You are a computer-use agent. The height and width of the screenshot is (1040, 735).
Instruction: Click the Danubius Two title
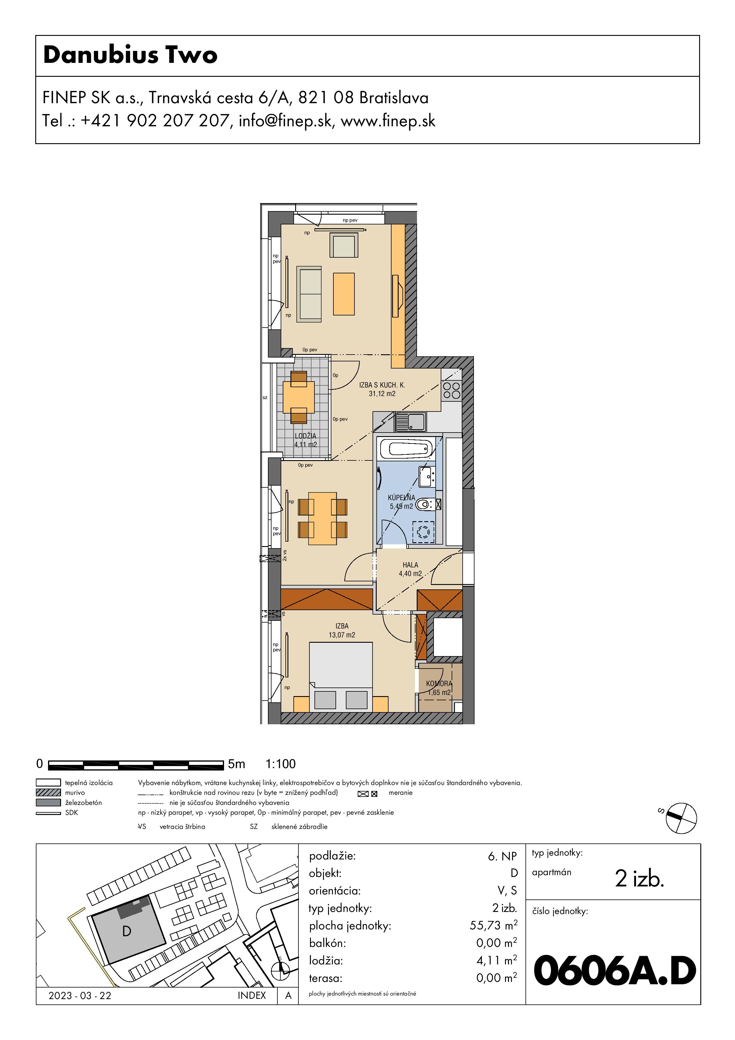(130, 55)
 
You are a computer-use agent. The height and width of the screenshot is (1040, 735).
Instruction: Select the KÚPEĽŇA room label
(401, 497)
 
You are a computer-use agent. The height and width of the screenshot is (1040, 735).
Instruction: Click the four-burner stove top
(451, 390)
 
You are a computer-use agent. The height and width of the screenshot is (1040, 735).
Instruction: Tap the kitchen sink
(410, 422)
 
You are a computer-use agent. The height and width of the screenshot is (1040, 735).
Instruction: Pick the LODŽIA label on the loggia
(306, 436)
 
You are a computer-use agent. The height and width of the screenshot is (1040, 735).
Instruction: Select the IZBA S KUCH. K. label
(382, 385)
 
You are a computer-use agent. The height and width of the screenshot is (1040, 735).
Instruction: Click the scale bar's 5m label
(237, 764)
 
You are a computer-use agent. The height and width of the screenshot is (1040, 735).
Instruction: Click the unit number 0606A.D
(615, 971)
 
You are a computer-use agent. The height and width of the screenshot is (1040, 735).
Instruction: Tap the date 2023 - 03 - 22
(80, 996)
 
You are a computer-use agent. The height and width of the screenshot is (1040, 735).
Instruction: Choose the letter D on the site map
(127, 931)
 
